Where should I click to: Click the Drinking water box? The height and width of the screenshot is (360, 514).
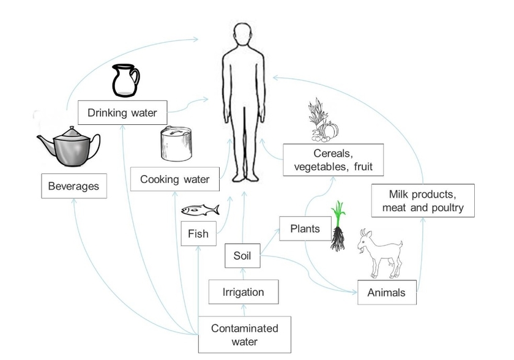(x=122, y=113)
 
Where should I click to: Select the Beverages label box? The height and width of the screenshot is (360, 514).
(x=73, y=185)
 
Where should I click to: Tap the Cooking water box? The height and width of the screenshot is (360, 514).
(x=174, y=179)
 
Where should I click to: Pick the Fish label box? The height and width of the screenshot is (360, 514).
(x=198, y=233)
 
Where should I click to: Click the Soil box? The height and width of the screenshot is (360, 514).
(x=242, y=256)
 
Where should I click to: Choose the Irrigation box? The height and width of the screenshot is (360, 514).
(x=244, y=292)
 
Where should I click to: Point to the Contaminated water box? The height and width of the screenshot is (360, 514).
(x=244, y=334)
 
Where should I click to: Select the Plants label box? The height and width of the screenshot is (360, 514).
(x=305, y=229)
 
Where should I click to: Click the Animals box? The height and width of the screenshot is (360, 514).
(x=386, y=293)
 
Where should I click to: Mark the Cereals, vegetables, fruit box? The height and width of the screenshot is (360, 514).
(x=333, y=160)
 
